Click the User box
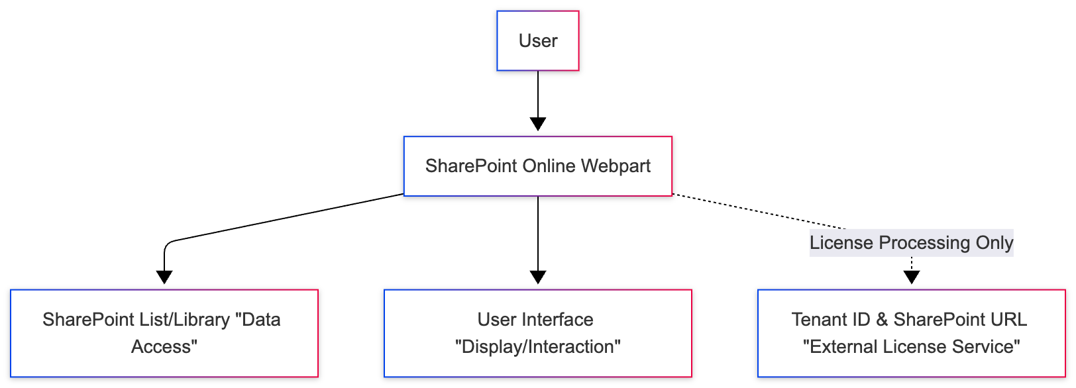[538, 41]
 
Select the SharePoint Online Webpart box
[538, 166]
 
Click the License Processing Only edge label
[911, 243]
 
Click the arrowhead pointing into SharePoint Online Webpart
[538, 124]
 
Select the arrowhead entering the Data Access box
[164, 277]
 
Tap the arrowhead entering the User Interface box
[538, 277]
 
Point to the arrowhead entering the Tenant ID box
[912, 277]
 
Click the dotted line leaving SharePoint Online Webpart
[755, 211]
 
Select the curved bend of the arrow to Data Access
[168, 245]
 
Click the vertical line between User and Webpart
[538, 93]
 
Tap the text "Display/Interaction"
[538, 347]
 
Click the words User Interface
[535, 320]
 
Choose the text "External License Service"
[912, 347]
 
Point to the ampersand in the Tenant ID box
[882, 320]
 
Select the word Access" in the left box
[164, 347]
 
